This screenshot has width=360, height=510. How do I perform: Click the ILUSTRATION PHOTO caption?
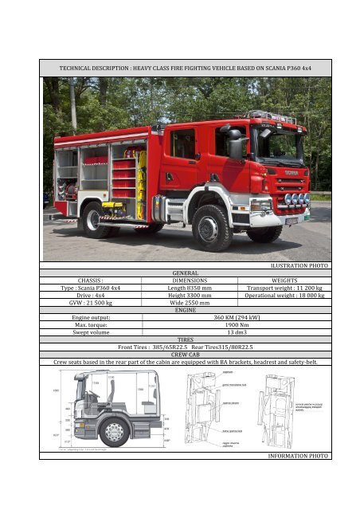300,264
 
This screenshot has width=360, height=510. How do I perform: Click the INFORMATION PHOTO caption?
299,456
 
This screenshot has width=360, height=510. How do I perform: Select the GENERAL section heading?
186,272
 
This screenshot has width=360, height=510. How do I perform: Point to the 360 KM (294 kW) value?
236,317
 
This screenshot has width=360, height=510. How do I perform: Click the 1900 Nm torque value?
236,325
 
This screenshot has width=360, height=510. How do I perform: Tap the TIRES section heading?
186,340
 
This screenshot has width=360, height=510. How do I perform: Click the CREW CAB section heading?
186,355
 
